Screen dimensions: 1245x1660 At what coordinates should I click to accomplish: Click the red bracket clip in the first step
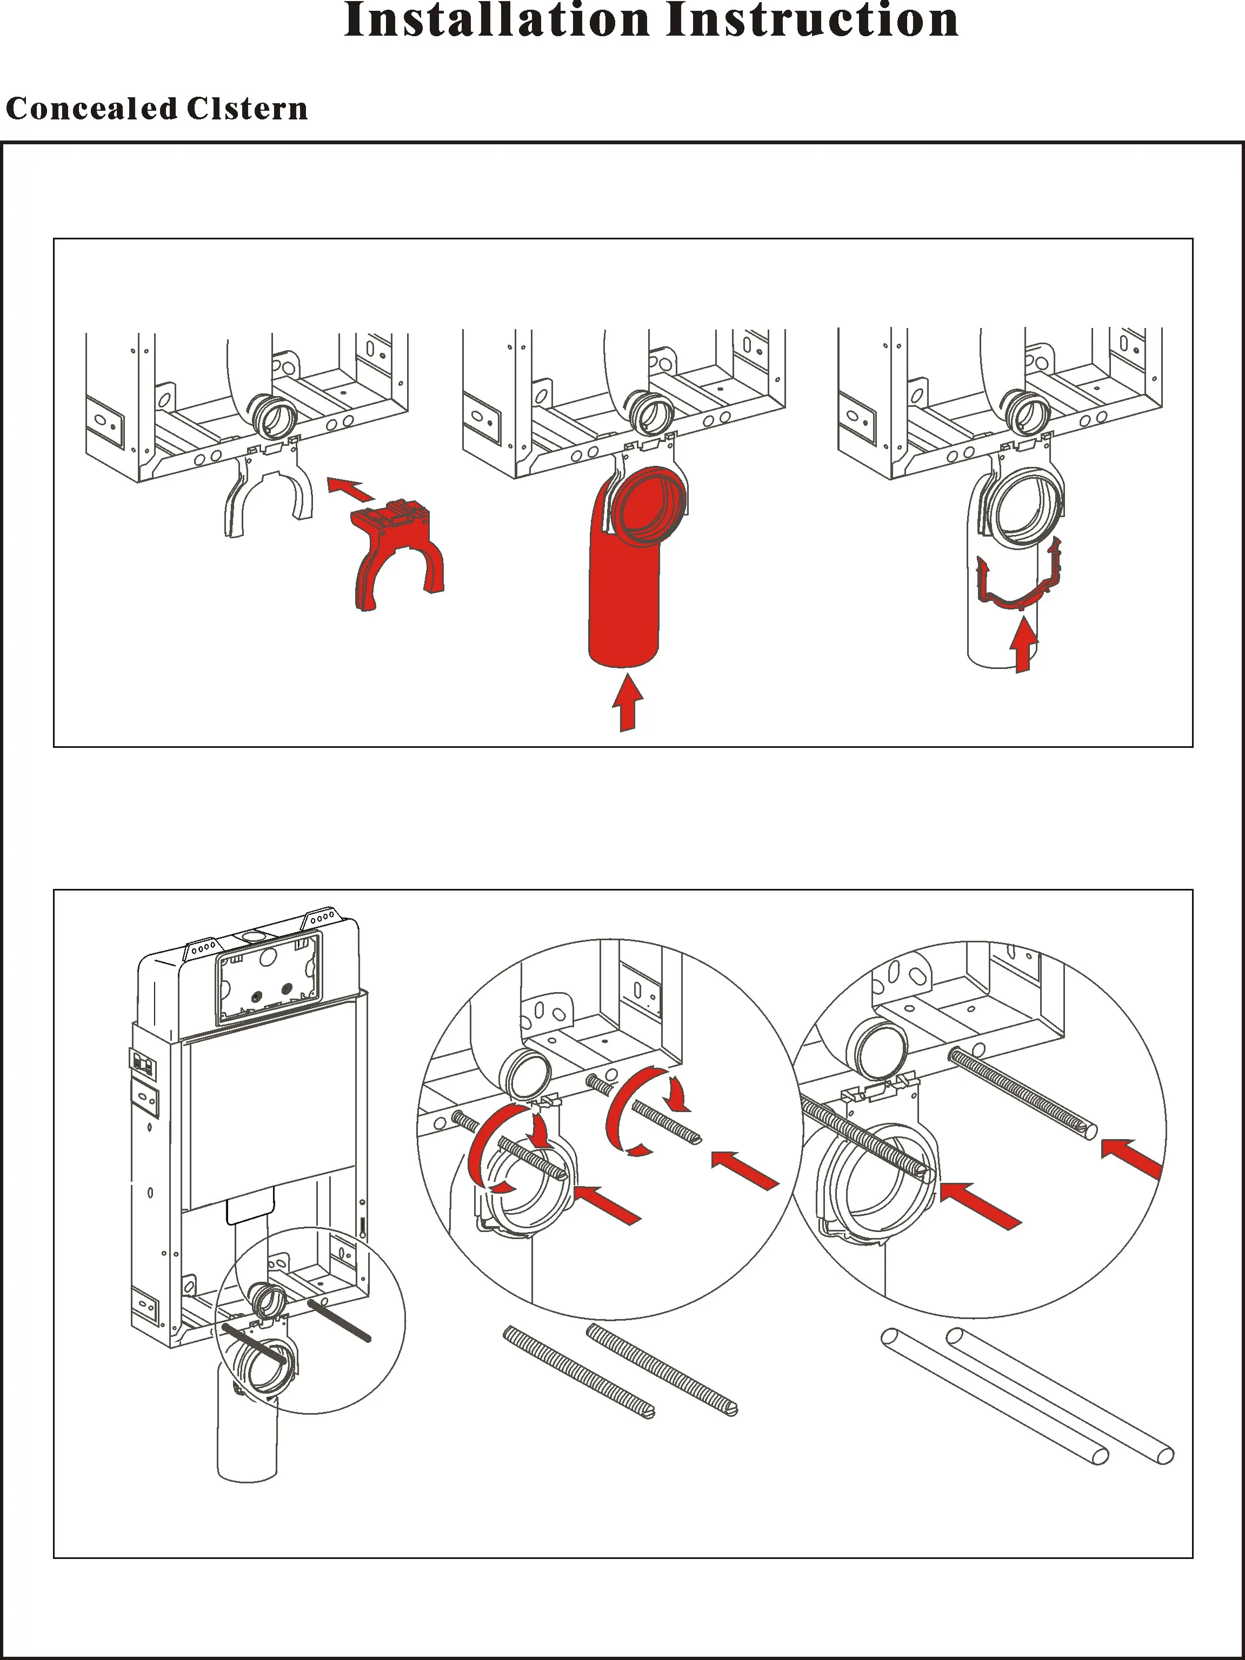point(396,552)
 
